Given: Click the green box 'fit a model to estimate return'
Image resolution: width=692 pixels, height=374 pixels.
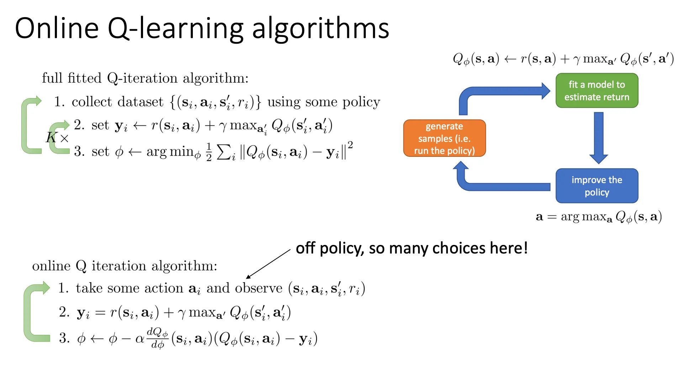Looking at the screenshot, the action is point(597,91).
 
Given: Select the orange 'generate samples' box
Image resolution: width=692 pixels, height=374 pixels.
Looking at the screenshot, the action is point(444,138).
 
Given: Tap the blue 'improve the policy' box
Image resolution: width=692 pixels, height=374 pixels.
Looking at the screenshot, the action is point(597,186).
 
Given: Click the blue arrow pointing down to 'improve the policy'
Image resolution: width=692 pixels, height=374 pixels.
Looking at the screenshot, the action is point(598,138).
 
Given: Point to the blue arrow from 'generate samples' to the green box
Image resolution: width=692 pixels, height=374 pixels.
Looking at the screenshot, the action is point(498,91).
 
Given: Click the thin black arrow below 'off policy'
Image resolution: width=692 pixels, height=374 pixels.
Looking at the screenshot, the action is point(268,264).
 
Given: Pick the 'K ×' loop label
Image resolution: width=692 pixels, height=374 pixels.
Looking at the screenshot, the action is point(57,137).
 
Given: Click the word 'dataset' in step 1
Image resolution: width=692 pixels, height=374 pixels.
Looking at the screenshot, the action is point(140,102).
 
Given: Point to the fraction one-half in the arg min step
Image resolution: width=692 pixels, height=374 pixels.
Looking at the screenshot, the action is point(209,152).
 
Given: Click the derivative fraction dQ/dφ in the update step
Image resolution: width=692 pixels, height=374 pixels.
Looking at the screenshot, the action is point(158,338).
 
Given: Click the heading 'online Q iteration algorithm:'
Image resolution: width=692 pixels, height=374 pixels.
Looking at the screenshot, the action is point(125,266).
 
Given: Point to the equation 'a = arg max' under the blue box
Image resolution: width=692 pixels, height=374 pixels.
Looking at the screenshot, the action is point(599,217).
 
